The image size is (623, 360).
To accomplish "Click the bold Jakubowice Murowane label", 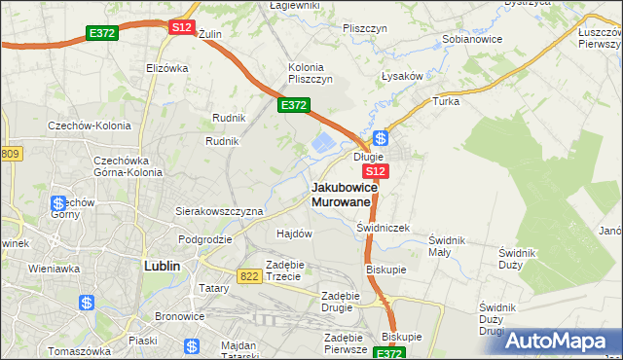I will (341, 194).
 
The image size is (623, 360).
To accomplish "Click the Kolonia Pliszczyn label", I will (311, 73).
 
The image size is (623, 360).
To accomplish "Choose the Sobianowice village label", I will (471, 40).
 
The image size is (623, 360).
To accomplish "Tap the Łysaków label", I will (401, 76).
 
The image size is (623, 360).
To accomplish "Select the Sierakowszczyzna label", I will (219, 210).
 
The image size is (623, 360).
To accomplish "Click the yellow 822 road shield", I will (248, 276).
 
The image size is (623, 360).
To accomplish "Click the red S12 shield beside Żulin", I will (181, 28).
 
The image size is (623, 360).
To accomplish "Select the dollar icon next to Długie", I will (381, 138).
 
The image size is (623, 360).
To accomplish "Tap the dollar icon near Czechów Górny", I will (57, 204).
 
